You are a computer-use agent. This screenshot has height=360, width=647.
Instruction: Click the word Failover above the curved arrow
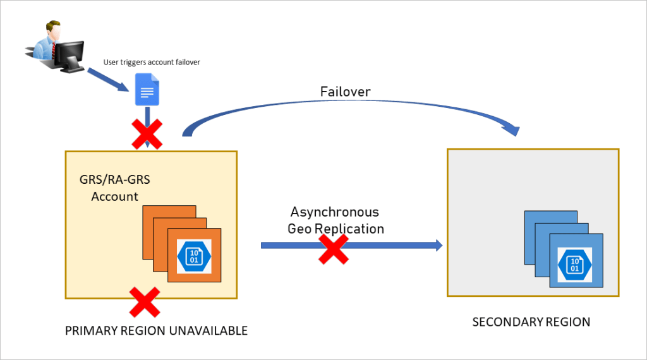[x=344, y=92]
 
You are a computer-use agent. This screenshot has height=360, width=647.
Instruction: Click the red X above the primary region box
[x=146, y=134]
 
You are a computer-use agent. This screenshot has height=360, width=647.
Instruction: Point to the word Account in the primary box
[x=114, y=196]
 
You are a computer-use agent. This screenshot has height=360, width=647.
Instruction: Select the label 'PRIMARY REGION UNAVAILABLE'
[x=156, y=331]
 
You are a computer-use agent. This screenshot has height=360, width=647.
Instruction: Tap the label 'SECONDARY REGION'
[x=531, y=322]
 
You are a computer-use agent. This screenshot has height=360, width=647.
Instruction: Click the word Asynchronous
[x=335, y=212]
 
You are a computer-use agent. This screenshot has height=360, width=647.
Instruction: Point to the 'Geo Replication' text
[x=336, y=229]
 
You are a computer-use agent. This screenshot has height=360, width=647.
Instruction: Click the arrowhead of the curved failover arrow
[x=513, y=130]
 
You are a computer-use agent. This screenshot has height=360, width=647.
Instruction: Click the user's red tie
[x=55, y=49]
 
